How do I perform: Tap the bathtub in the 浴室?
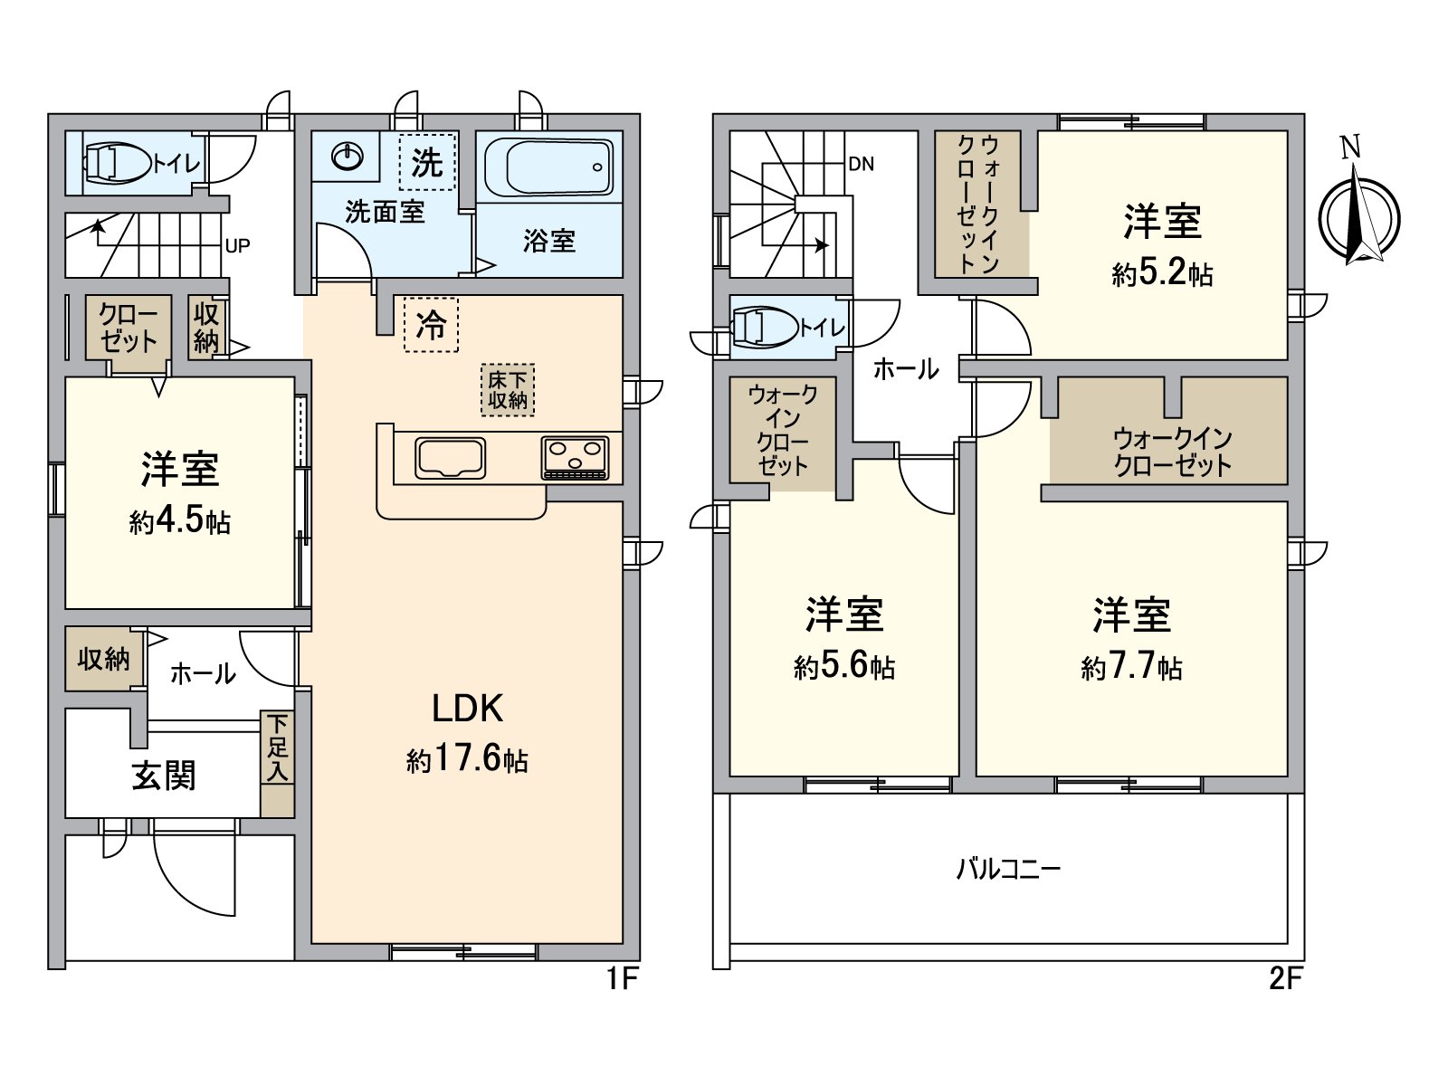pos(548,167)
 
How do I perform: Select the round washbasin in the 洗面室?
pos(348,157)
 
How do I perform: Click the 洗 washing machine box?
pos(427,162)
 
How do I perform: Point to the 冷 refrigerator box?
pos(431,324)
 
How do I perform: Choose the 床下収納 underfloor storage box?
pos(508,390)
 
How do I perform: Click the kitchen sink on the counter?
pos(450,457)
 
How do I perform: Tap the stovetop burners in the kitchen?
pos(576,457)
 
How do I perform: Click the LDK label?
pos(467,709)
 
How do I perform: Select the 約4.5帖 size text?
pos(179,522)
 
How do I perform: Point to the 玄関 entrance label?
pos(164,776)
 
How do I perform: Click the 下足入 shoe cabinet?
pos(277,764)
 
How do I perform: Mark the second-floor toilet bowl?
pos(763,328)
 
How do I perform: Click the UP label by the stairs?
pos(237,246)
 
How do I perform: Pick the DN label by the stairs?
pos(861,165)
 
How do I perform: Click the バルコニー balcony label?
pos(1008,870)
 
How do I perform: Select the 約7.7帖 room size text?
pos(1131,668)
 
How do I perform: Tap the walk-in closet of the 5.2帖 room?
pos(979,204)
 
